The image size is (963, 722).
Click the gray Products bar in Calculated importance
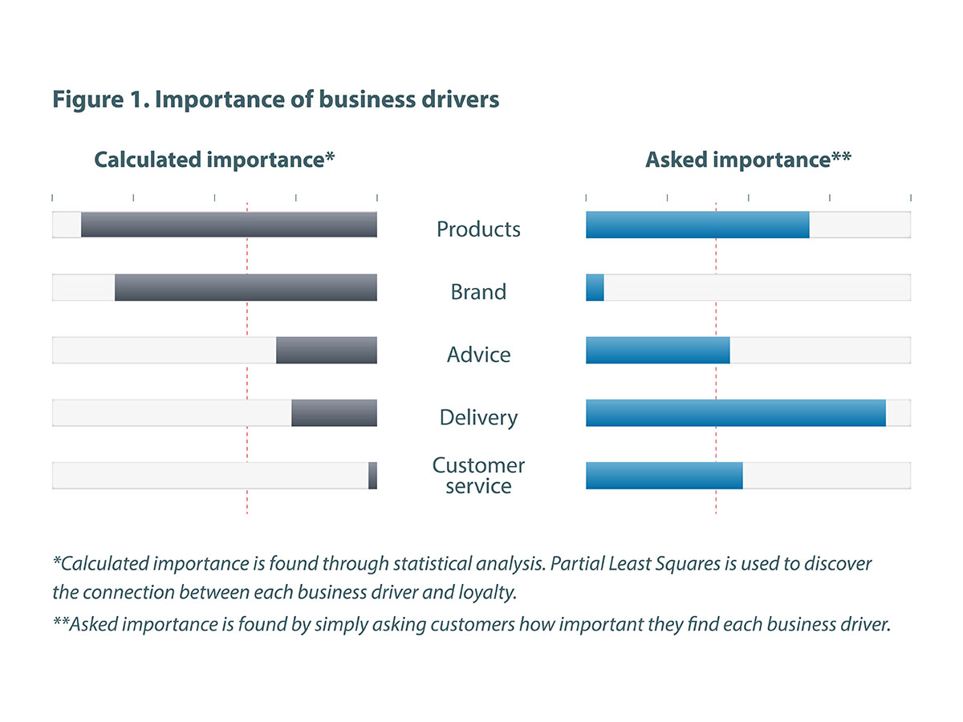pos(229,225)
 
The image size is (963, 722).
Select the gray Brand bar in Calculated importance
pos(246,287)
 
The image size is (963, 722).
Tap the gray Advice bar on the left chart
pos(327,350)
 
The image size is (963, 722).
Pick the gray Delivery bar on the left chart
pos(334,412)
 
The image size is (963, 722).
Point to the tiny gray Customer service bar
pos(372,475)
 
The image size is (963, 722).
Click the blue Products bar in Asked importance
pos(697,225)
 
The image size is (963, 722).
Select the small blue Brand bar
pos(595,287)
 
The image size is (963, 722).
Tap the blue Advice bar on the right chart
pos(658,350)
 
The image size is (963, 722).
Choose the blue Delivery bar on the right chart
pos(736,412)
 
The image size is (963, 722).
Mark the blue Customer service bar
pos(664,475)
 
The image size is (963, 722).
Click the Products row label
pos(478,229)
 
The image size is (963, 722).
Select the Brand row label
pos(478,292)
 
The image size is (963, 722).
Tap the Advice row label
pos(478,355)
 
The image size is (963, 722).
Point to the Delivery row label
pos(478,418)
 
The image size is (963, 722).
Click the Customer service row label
pos(478,476)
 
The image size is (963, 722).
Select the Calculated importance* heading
pos(214,160)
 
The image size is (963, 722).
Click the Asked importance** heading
pos(748,160)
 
